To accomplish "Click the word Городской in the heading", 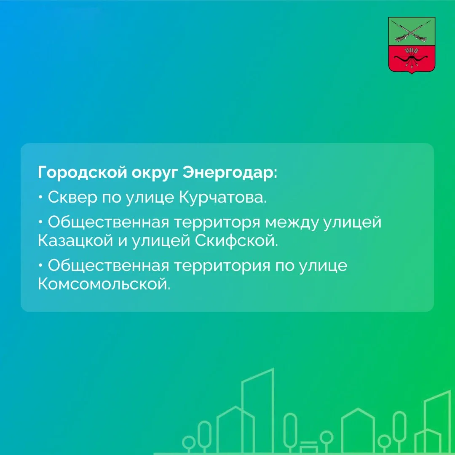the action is pyautogui.click(x=83, y=173).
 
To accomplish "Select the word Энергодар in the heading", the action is pyautogui.click(x=230, y=173).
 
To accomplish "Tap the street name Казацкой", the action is pyautogui.click(x=75, y=241).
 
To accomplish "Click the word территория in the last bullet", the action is pyautogui.click(x=222, y=266).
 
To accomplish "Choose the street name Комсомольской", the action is pyautogui.click(x=104, y=284).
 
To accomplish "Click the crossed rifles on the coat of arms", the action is pyautogui.click(x=412, y=31).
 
